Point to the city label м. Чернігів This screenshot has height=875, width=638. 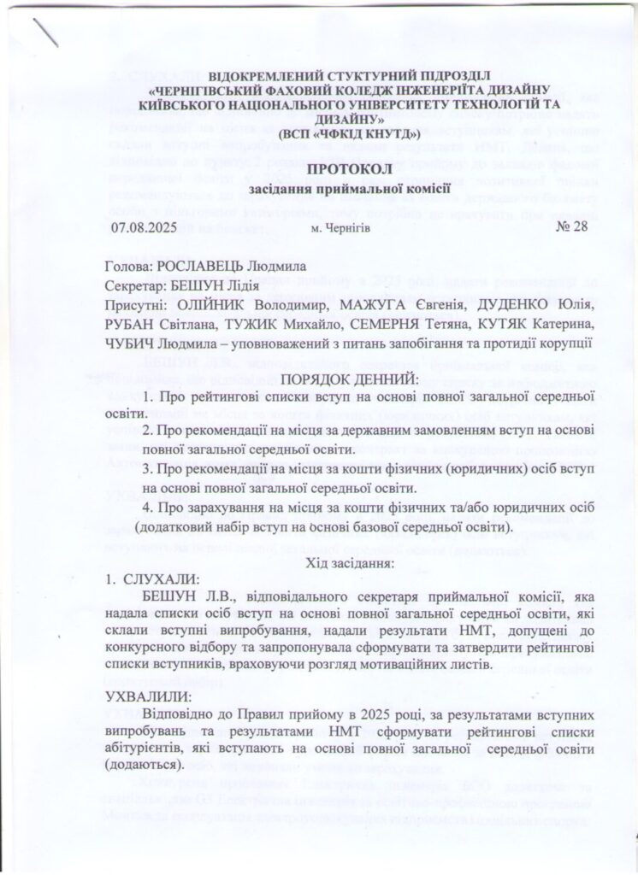click(341, 229)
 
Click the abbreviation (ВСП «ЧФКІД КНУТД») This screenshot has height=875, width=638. click(318, 134)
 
